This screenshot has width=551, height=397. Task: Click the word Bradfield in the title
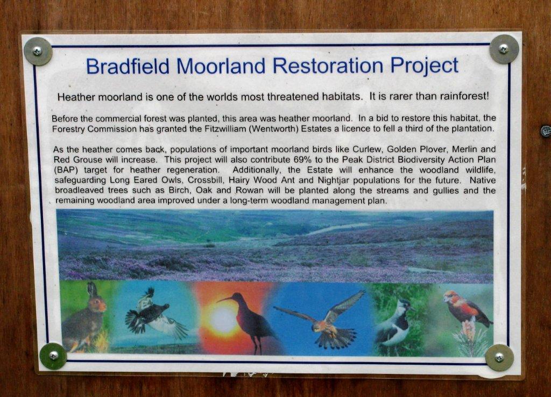coord(128,66)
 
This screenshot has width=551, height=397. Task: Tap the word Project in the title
coord(425,66)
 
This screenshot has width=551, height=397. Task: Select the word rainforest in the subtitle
coord(464,96)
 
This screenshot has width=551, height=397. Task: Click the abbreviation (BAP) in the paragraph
coord(65,170)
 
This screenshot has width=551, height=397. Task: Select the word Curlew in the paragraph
coord(367,149)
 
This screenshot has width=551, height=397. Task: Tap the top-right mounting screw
coord(504,49)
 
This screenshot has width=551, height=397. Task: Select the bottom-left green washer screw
coord(53,356)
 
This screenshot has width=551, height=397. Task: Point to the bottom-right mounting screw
coord(499,358)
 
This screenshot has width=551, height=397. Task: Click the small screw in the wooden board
coord(546,131)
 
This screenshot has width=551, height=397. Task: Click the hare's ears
coord(92,289)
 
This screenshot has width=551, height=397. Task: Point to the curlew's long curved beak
coord(225,299)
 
